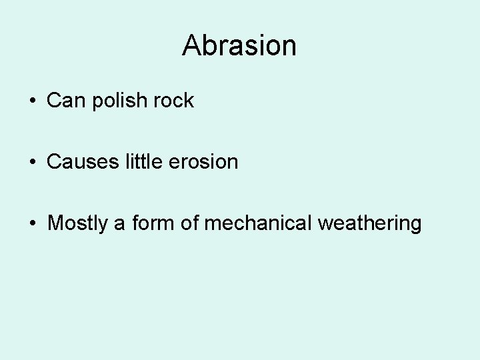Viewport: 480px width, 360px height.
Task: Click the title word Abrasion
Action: click(239, 45)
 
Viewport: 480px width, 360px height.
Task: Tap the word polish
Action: click(117, 101)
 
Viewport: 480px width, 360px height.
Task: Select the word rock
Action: click(173, 101)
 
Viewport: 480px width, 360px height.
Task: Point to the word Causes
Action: click(83, 161)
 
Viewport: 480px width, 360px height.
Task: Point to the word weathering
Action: click(370, 223)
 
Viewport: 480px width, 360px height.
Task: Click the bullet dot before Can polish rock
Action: click(32, 101)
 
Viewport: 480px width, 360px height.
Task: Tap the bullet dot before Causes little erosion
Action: click(32, 162)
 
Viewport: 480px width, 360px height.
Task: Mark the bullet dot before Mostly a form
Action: click(32, 223)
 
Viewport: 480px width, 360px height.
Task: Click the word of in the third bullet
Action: click(190, 223)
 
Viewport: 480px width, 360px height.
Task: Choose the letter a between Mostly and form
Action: click(119, 224)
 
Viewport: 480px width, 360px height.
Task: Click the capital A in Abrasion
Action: click(191, 45)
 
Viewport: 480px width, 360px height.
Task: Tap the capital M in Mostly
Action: click(55, 223)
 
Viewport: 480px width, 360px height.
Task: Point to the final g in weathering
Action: click(415, 225)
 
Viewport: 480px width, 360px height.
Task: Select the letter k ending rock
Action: click(189, 101)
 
